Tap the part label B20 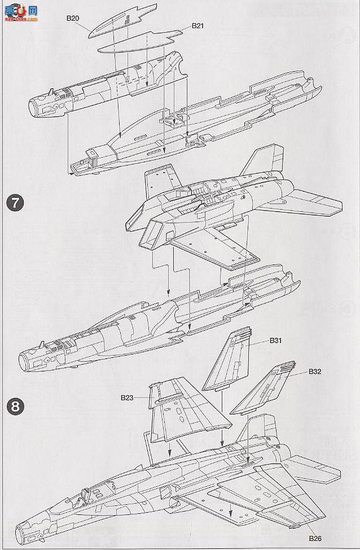click(72, 18)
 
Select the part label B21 click(198, 25)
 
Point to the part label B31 click(276, 341)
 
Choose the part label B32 click(315, 372)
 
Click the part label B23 click(128, 398)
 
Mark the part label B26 click(316, 538)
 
